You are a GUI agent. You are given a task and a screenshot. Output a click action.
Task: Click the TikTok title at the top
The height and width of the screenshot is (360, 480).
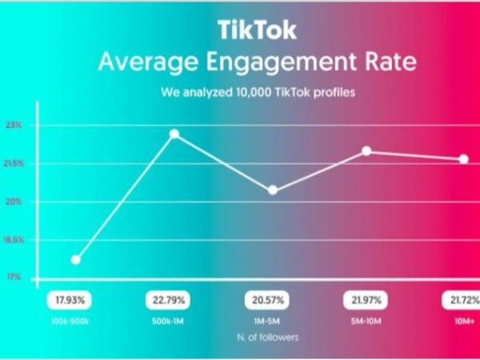coord(258,30)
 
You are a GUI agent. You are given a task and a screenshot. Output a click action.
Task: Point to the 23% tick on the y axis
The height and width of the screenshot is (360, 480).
coord(14,126)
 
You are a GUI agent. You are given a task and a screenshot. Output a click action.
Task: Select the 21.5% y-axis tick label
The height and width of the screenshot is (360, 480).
coord(14,163)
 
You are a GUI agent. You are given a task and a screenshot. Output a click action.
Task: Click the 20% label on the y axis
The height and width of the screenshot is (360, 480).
coord(14,202)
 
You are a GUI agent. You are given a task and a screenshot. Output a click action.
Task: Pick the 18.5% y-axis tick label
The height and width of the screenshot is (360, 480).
coord(14,240)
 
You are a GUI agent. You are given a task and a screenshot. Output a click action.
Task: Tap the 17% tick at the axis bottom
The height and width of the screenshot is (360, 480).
coord(14,278)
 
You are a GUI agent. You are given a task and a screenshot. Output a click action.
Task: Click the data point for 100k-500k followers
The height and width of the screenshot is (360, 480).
coord(76,259)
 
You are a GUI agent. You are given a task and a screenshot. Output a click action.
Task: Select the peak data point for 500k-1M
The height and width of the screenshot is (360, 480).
coord(174,134)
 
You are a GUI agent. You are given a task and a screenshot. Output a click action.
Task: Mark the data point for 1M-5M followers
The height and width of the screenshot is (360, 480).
coord(273,190)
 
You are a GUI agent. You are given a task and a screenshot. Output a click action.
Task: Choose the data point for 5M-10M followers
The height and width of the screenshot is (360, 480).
coord(366,150)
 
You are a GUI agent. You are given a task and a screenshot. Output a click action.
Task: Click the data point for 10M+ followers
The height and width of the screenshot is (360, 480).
coord(463,159)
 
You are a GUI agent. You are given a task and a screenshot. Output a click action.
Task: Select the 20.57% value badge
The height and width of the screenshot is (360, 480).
coord(266,301)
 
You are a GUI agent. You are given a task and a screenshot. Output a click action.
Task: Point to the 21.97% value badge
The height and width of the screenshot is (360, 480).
coord(364,301)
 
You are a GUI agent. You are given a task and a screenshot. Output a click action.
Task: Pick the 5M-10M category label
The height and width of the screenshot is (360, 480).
coord(364,320)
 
